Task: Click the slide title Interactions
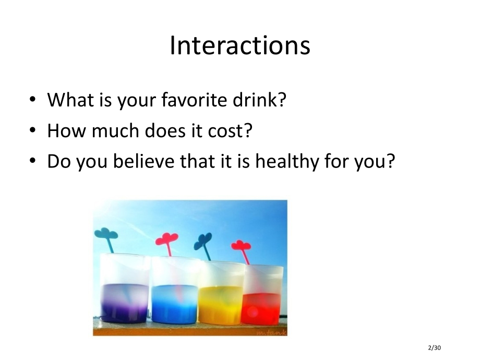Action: (x=240, y=45)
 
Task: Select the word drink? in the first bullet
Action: (x=259, y=100)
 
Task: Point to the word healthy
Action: (x=287, y=161)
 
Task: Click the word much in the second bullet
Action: (x=115, y=130)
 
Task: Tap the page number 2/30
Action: (x=435, y=348)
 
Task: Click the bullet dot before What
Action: (x=32, y=100)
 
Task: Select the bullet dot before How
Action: (x=32, y=130)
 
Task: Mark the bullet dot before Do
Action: (x=32, y=161)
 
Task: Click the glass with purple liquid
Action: (x=124, y=289)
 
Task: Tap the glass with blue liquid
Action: (x=174, y=291)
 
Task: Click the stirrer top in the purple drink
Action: (x=106, y=234)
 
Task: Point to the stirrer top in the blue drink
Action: (x=166, y=239)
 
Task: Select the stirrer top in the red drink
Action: (x=241, y=246)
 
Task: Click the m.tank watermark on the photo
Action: (x=271, y=332)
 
